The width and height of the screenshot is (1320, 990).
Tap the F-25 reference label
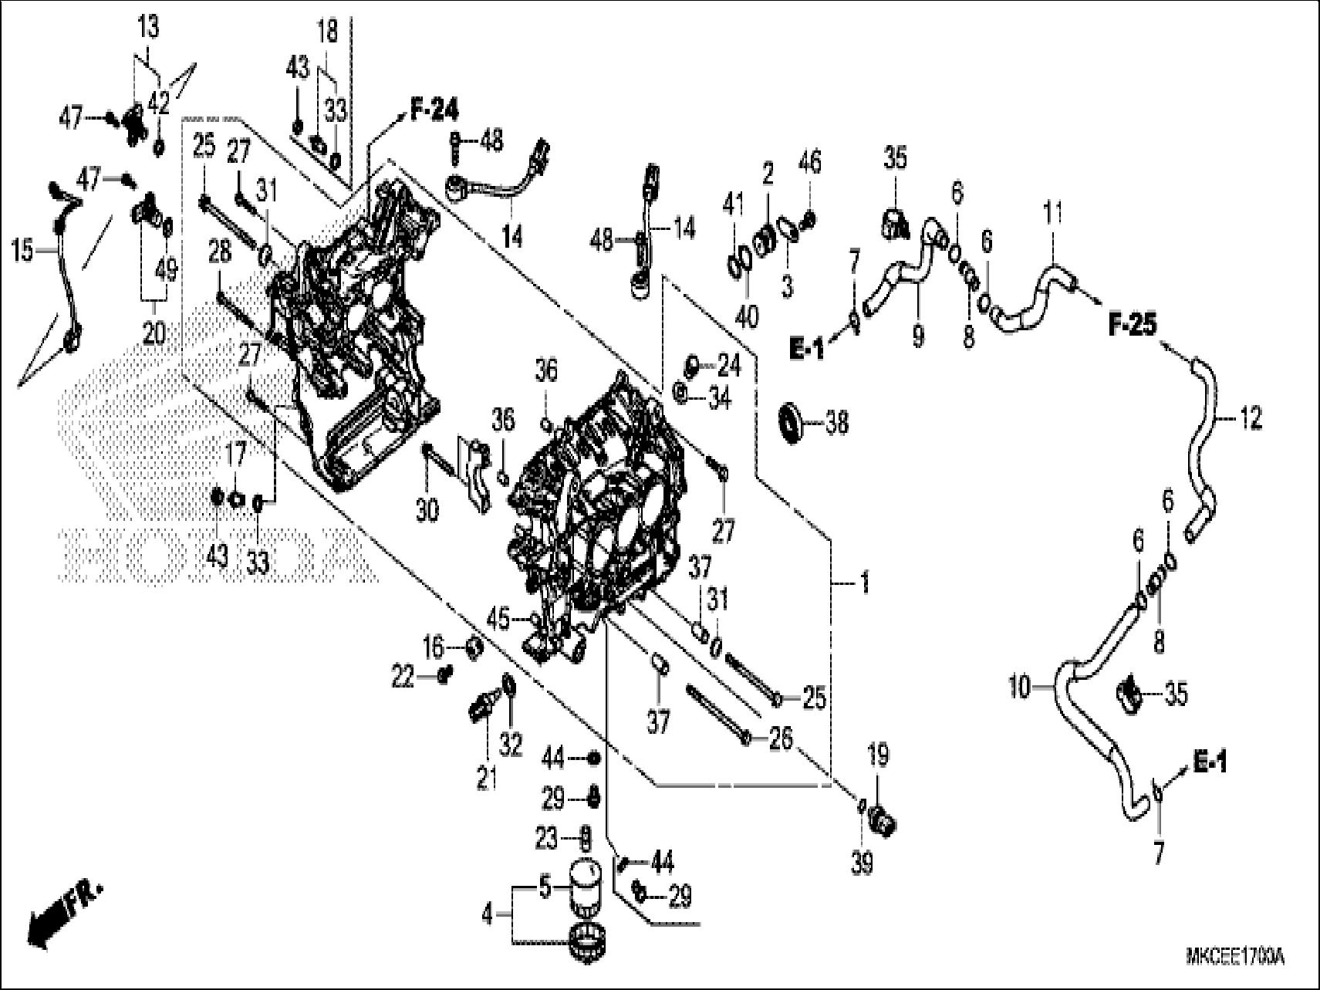1133,326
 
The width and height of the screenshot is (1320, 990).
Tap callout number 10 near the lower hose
1020,685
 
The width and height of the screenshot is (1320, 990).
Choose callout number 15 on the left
24,251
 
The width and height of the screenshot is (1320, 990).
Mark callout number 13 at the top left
148,27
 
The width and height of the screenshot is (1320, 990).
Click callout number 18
327,32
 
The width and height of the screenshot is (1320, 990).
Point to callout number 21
486,780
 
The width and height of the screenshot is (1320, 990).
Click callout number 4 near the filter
488,916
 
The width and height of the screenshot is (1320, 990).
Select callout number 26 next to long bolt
781,738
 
